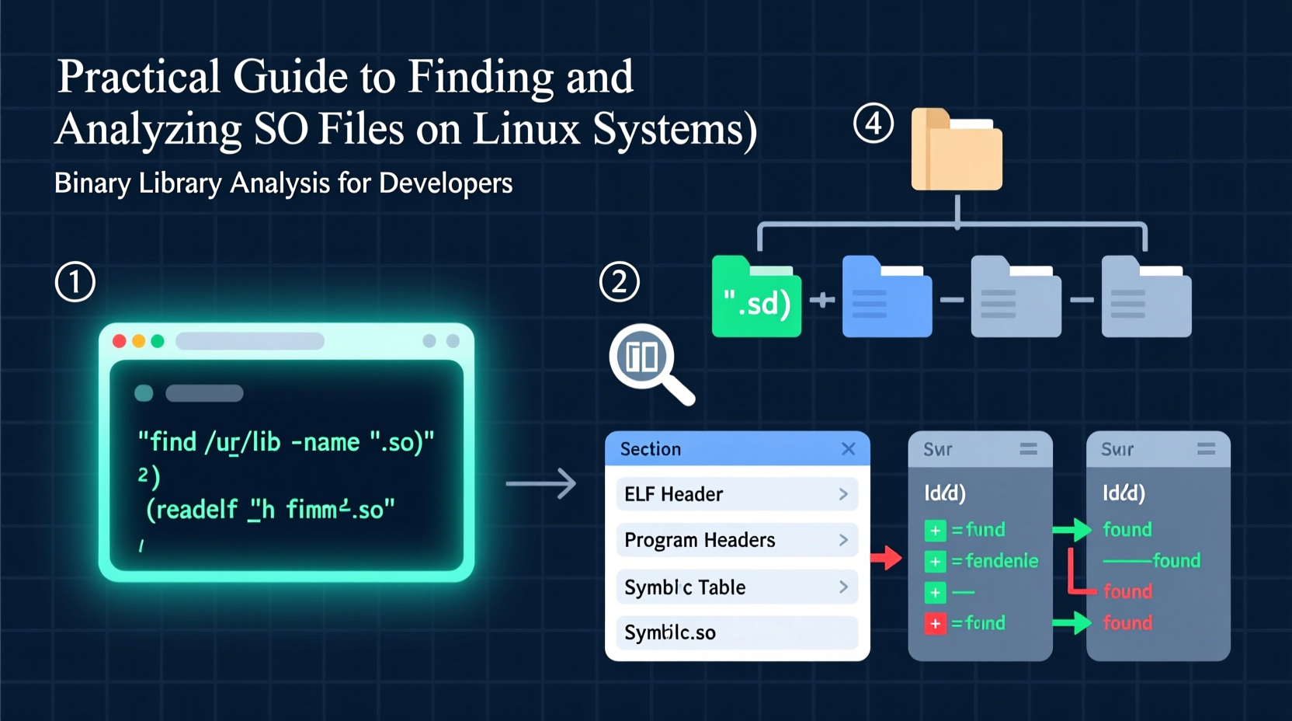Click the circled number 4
click(x=873, y=124)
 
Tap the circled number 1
click(x=75, y=281)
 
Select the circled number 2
click(x=620, y=281)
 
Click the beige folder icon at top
click(x=957, y=150)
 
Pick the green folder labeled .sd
click(x=756, y=298)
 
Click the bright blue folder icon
click(x=887, y=298)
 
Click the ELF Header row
click(x=736, y=494)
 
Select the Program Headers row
click(x=736, y=540)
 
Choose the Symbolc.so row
click(x=736, y=632)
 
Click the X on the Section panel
click(x=848, y=449)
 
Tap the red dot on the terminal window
click(x=120, y=341)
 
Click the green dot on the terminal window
click(x=158, y=341)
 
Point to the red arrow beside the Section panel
click(x=886, y=557)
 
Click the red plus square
click(x=935, y=623)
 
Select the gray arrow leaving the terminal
click(x=540, y=483)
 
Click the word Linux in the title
click(x=526, y=129)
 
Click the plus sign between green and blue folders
click(x=821, y=299)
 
